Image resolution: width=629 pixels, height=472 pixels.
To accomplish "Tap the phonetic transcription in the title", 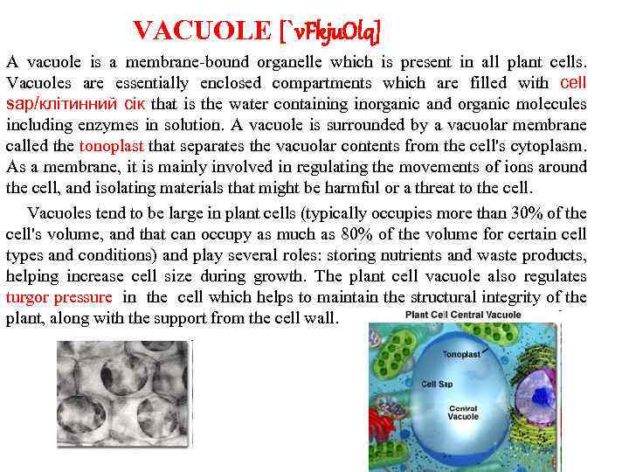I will coord(330,31).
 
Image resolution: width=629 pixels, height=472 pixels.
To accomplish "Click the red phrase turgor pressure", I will coord(59,296).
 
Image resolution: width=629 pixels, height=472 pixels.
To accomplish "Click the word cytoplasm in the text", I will coord(550,146).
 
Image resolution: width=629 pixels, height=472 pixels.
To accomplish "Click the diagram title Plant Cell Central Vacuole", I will coord(463,316).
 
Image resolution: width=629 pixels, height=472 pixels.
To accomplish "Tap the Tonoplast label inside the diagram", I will coord(461,355).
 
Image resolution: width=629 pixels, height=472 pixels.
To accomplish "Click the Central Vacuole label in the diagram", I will coord(463,413).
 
